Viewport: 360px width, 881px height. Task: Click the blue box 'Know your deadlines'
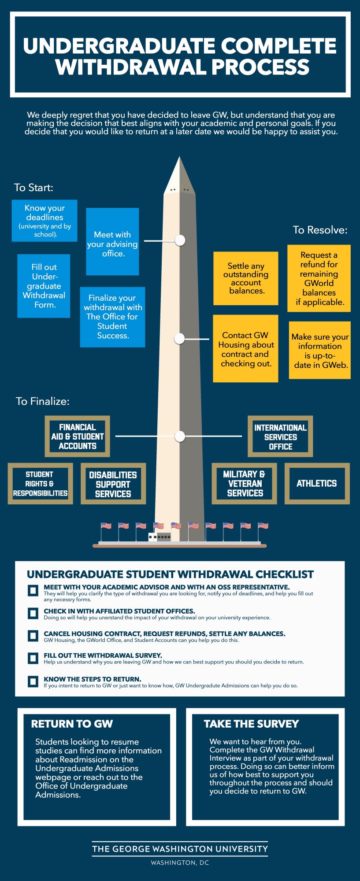click(45, 221)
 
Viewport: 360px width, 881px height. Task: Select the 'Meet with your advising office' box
click(112, 242)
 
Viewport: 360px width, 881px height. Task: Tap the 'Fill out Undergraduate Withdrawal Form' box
click(44, 286)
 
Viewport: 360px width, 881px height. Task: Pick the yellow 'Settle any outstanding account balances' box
click(246, 278)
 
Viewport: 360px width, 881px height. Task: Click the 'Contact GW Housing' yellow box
click(246, 348)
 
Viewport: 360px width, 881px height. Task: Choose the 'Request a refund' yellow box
click(319, 278)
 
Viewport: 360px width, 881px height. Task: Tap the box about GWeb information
click(320, 350)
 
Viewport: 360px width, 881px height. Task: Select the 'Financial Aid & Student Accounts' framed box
click(78, 437)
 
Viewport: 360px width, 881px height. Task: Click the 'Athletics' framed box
click(317, 484)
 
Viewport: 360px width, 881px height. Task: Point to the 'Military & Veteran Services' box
click(245, 484)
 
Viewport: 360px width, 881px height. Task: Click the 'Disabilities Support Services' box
click(113, 484)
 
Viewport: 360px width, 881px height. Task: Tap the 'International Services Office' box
click(280, 437)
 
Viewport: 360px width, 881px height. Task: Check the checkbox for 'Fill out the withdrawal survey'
click(33, 658)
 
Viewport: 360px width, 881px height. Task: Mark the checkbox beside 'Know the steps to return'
click(33, 681)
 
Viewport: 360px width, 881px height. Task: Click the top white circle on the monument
click(180, 241)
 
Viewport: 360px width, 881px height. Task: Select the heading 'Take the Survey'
click(251, 724)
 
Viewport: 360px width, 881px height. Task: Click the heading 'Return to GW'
click(72, 724)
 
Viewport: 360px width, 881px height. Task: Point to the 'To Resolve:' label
click(320, 230)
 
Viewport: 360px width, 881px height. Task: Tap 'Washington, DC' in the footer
click(180, 862)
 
